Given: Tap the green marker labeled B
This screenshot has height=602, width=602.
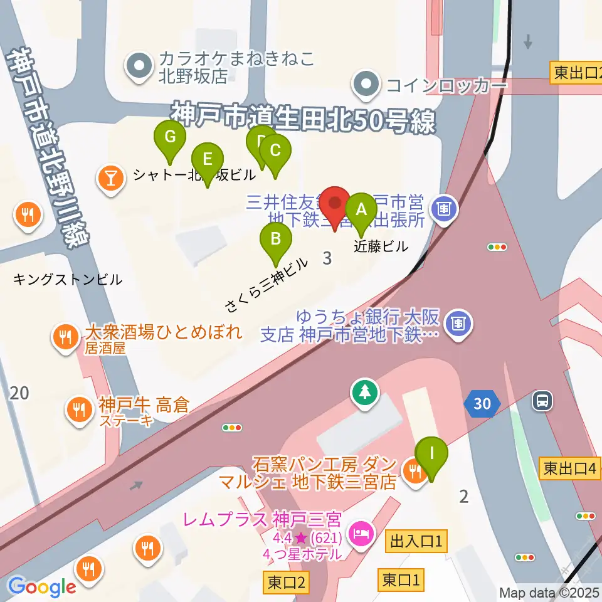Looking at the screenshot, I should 275,240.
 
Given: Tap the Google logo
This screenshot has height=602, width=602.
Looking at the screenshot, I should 42,586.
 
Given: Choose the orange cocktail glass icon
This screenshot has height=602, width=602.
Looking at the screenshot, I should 111,177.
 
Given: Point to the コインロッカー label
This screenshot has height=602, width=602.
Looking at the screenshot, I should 446,85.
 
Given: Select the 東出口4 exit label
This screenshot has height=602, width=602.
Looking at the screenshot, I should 569,467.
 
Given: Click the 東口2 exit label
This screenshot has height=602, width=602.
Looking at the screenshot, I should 286,583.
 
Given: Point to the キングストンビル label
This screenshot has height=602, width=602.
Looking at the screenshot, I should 67,280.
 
